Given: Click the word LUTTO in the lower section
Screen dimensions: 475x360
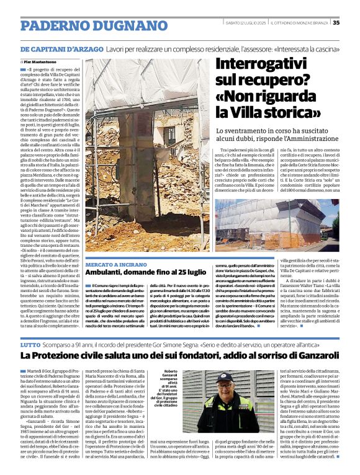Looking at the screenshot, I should point(30,344).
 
